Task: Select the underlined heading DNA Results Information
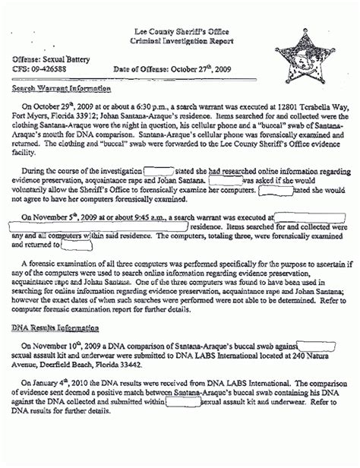point(55,327)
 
